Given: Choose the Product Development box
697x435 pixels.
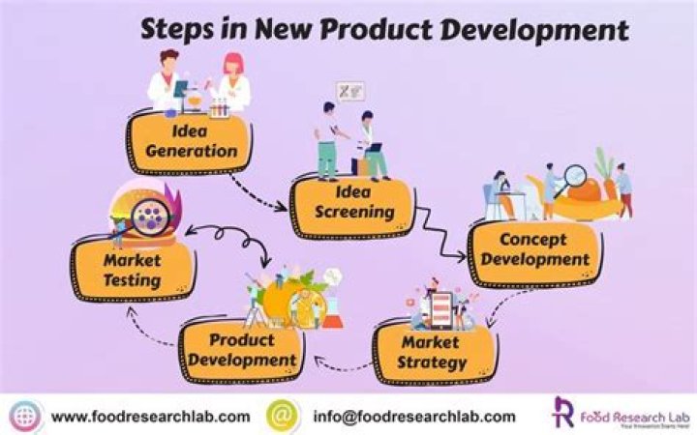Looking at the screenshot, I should [241, 349].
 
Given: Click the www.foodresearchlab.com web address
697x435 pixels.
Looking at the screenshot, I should [150, 417].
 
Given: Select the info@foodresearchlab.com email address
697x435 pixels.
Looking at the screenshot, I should [413, 417].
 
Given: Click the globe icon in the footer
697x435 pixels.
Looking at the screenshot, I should [25, 416].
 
